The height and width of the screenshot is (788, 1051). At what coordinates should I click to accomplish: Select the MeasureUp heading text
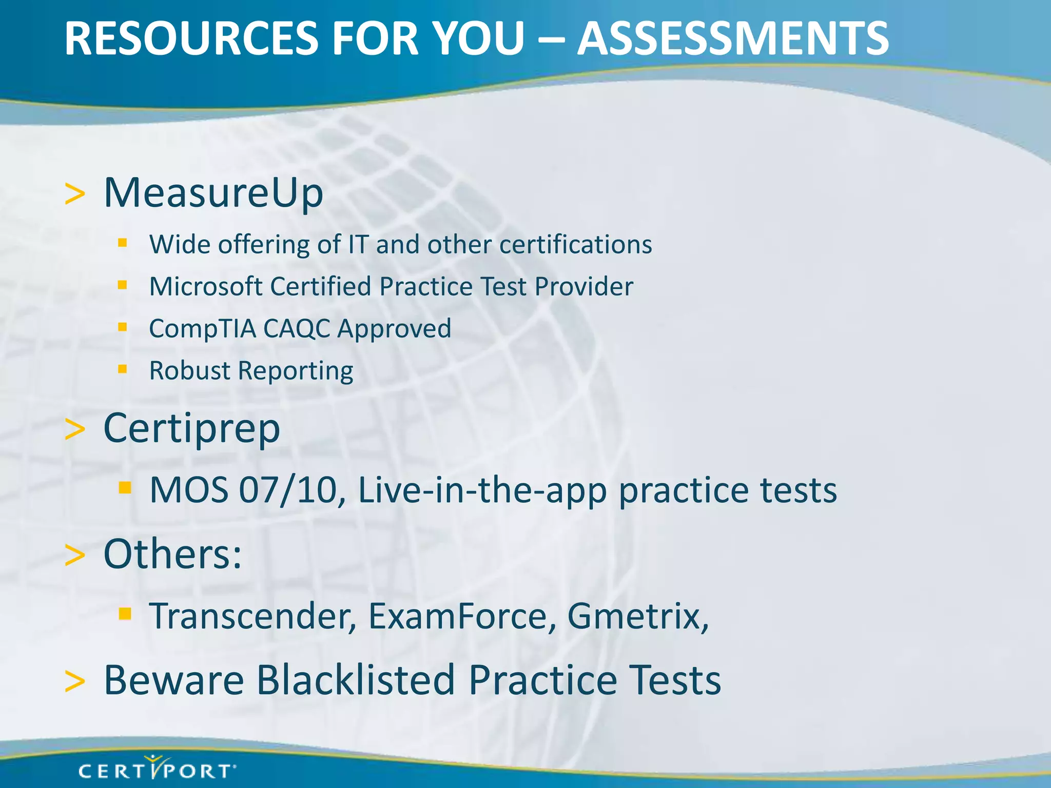(x=213, y=193)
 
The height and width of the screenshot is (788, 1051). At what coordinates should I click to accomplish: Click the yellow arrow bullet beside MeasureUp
(x=75, y=195)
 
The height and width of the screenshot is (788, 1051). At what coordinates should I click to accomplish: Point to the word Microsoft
(x=206, y=286)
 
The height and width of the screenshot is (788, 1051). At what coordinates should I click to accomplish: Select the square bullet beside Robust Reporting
(x=122, y=369)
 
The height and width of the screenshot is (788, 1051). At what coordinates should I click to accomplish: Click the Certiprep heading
(x=191, y=429)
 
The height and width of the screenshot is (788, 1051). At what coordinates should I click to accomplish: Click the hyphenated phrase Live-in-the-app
(x=482, y=490)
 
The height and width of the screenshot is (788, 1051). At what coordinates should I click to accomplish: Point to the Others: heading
(x=172, y=554)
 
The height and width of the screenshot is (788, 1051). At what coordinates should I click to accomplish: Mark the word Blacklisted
(x=356, y=680)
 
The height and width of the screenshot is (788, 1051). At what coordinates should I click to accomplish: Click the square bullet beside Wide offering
(x=122, y=243)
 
